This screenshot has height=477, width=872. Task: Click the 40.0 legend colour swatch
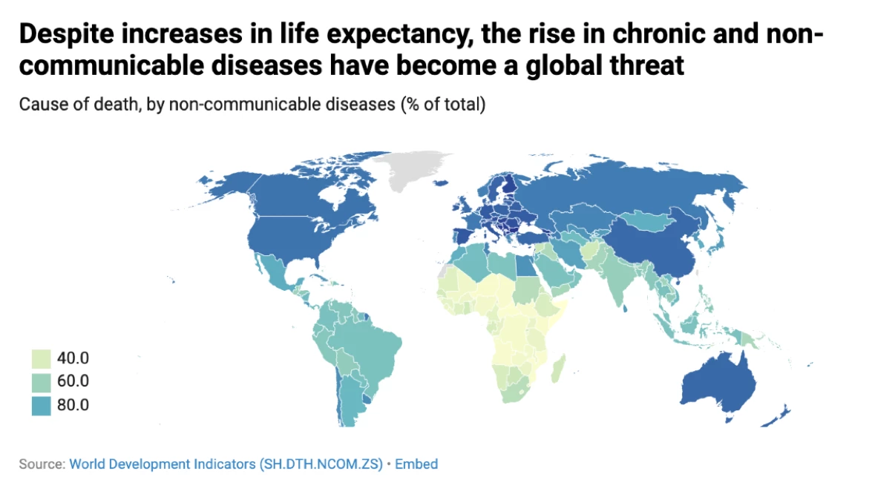click(x=42, y=358)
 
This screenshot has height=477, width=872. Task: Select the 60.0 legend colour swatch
click(x=42, y=382)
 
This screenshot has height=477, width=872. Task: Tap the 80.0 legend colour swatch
click(x=42, y=405)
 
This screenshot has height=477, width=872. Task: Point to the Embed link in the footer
click(x=416, y=464)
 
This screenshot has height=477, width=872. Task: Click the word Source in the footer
click(x=41, y=464)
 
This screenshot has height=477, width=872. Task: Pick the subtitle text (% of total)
click(x=443, y=105)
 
